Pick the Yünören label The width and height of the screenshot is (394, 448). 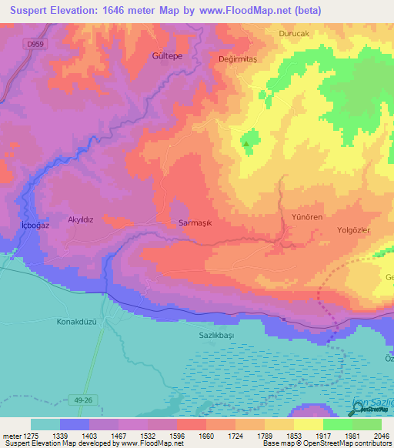306,217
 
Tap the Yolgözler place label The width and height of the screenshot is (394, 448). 354,230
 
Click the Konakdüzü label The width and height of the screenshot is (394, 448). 78,322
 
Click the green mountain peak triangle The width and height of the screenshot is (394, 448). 246,143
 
